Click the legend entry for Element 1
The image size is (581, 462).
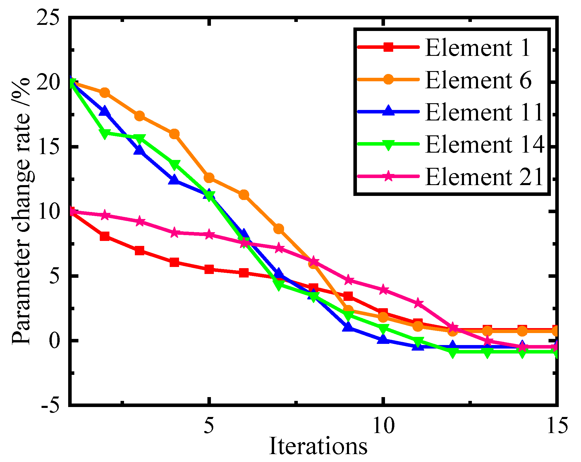click(x=477, y=47)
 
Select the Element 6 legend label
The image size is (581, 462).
click(x=478, y=80)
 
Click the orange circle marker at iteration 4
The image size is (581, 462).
click(x=174, y=134)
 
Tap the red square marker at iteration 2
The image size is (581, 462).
click(x=105, y=236)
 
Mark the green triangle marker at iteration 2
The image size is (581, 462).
click(x=105, y=134)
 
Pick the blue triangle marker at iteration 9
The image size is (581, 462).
click(x=348, y=326)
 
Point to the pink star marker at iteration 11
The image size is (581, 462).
click(x=418, y=304)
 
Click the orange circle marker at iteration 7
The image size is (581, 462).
click(x=279, y=229)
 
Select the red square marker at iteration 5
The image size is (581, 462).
click(x=209, y=269)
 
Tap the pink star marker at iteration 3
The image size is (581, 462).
click(x=140, y=222)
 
